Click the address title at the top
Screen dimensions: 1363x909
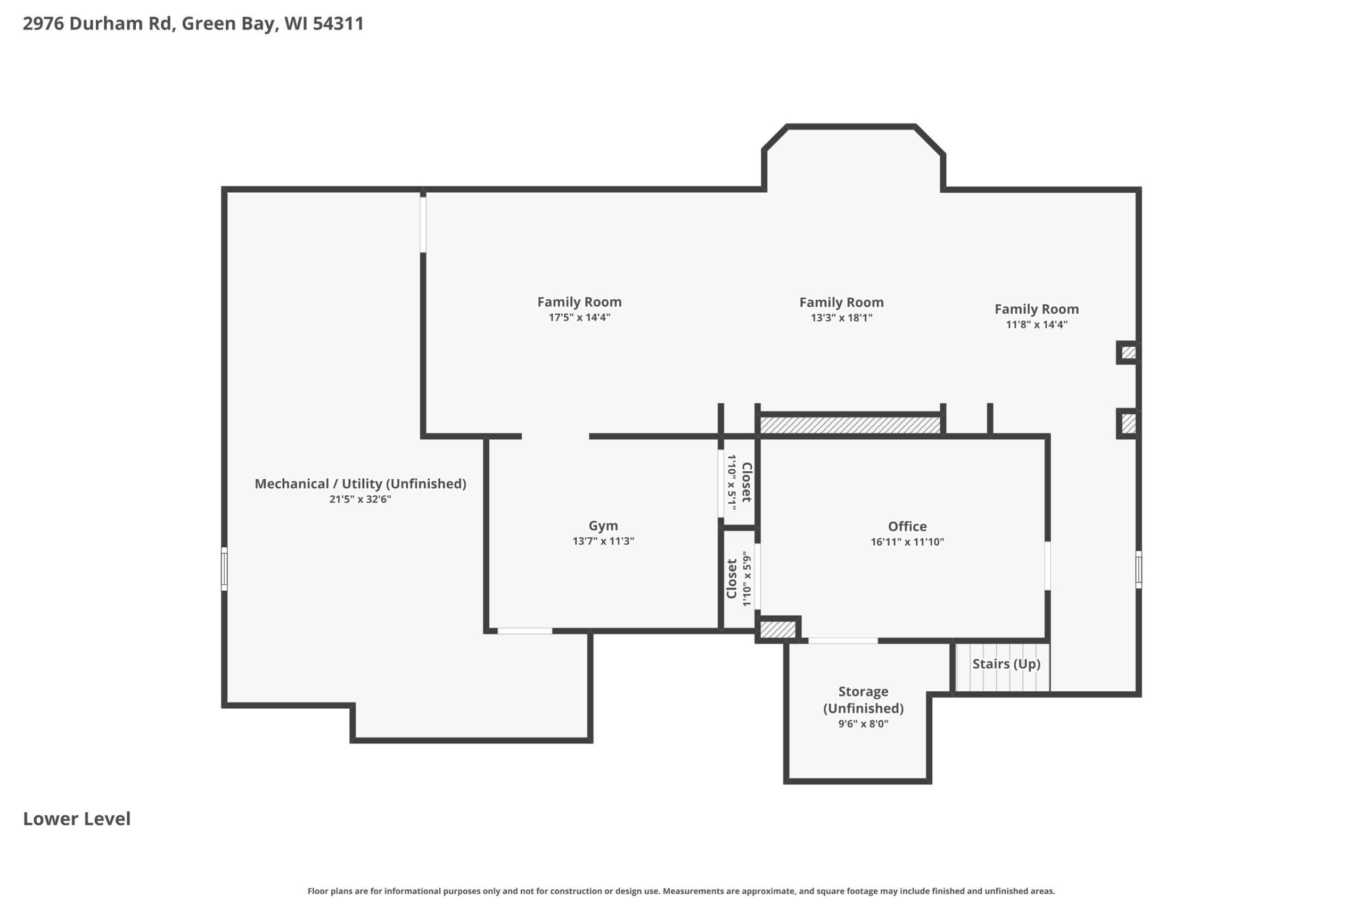pos(193,24)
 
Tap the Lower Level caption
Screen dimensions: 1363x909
pos(77,818)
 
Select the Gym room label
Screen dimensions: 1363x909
pos(603,526)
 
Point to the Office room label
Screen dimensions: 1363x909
pos(907,526)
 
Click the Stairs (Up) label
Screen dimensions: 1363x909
pos(1006,664)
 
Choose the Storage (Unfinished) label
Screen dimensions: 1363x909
pos(864,700)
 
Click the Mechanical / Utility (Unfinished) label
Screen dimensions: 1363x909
pos(360,484)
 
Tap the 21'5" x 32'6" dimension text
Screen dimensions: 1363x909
pos(360,499)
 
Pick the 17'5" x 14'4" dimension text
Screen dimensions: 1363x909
pos(579,317)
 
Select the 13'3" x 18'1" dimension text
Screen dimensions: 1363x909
pos(841,317)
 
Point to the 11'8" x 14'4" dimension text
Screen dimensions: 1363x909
pos(1037,324)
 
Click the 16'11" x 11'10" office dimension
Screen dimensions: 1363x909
pos(907,542)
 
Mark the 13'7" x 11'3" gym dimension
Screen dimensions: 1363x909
pos(603,541)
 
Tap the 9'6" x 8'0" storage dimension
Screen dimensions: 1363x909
pos(864,724)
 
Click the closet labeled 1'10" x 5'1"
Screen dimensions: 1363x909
pos(740,482)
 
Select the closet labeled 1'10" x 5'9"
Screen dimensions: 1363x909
pos(739,578)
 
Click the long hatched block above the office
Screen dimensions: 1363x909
pos(850,425)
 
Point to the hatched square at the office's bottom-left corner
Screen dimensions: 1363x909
pos(778,629)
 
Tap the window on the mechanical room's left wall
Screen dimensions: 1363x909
pos(224,569)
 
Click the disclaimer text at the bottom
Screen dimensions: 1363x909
pos(681,891)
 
